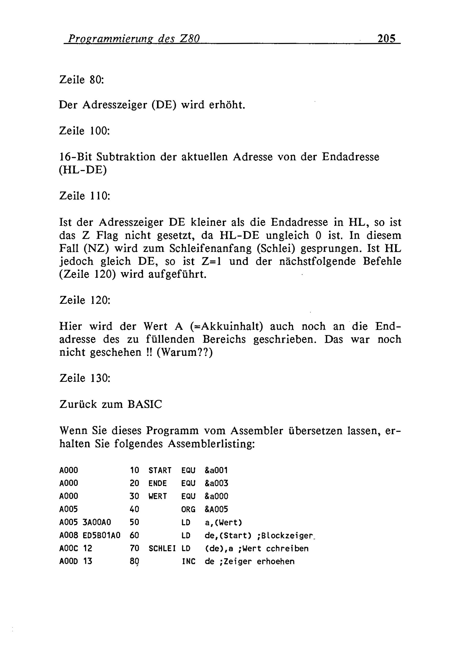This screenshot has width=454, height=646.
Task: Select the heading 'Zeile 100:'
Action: click(x=84, y=131)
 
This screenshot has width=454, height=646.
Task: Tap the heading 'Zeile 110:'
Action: click(x=84, y=196)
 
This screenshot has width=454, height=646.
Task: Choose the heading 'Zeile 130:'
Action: click(x=85, y=378)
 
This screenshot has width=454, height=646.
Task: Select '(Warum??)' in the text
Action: click(x=185, y=352)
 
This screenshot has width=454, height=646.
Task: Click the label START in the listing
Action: click(x=160, y=471)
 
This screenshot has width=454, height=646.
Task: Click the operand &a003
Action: click(x=216, y=483)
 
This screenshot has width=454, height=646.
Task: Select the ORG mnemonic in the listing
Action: click(x=188, y=509)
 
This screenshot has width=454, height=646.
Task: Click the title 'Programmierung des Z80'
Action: click(x=134, y=38)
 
